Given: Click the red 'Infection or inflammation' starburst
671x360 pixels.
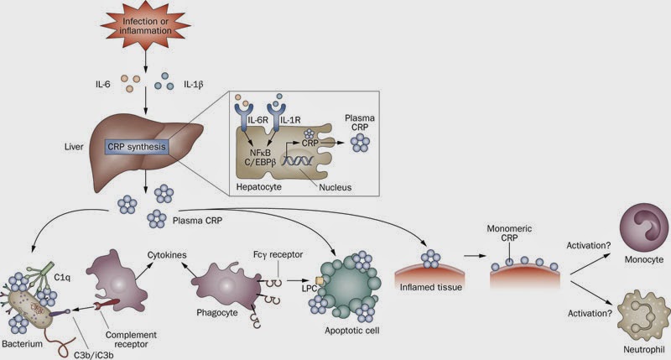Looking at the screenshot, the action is [145, 26].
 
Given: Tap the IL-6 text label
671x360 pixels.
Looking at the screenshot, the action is [102, 84].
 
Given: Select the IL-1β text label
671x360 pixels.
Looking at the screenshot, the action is [194, 84].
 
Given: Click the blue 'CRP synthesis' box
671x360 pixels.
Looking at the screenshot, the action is [137, 147].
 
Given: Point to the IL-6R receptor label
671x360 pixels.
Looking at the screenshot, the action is [257, 120].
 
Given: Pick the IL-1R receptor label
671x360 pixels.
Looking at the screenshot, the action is [290, 120].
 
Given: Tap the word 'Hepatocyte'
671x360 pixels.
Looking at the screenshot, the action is [259, 186].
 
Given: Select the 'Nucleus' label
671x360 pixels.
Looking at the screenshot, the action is [335, 187].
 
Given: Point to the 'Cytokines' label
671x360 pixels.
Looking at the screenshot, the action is [167, 255].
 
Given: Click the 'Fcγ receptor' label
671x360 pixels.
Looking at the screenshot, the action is [278, 255].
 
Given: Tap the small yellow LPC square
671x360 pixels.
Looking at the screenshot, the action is [320, 280].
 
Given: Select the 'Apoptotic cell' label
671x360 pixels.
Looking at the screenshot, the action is [351, 331].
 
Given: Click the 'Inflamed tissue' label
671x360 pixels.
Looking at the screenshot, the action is [431, 287].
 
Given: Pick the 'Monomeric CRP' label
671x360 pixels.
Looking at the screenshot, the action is [509, 233].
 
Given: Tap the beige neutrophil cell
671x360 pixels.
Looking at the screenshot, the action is [643, 316].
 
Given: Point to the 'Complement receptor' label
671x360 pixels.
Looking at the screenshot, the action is [131, 340].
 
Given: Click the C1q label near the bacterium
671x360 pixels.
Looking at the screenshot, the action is [62, 278].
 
